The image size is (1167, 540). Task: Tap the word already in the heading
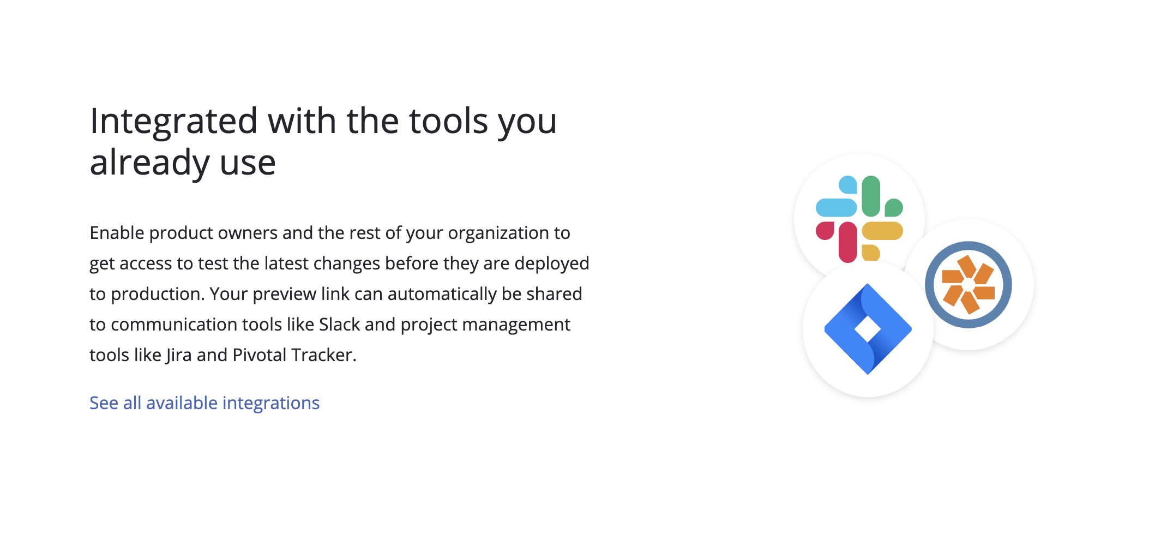149,163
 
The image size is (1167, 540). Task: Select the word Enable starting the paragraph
117,233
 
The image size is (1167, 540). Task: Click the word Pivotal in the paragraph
260,355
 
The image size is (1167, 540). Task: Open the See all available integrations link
204,404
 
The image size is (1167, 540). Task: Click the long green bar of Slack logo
871,196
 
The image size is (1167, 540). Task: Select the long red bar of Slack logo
848,242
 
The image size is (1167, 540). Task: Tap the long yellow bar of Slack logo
882,231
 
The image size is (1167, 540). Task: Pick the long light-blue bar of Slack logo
837,208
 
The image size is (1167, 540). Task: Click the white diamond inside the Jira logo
868,329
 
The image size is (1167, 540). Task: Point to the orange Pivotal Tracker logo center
969,285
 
